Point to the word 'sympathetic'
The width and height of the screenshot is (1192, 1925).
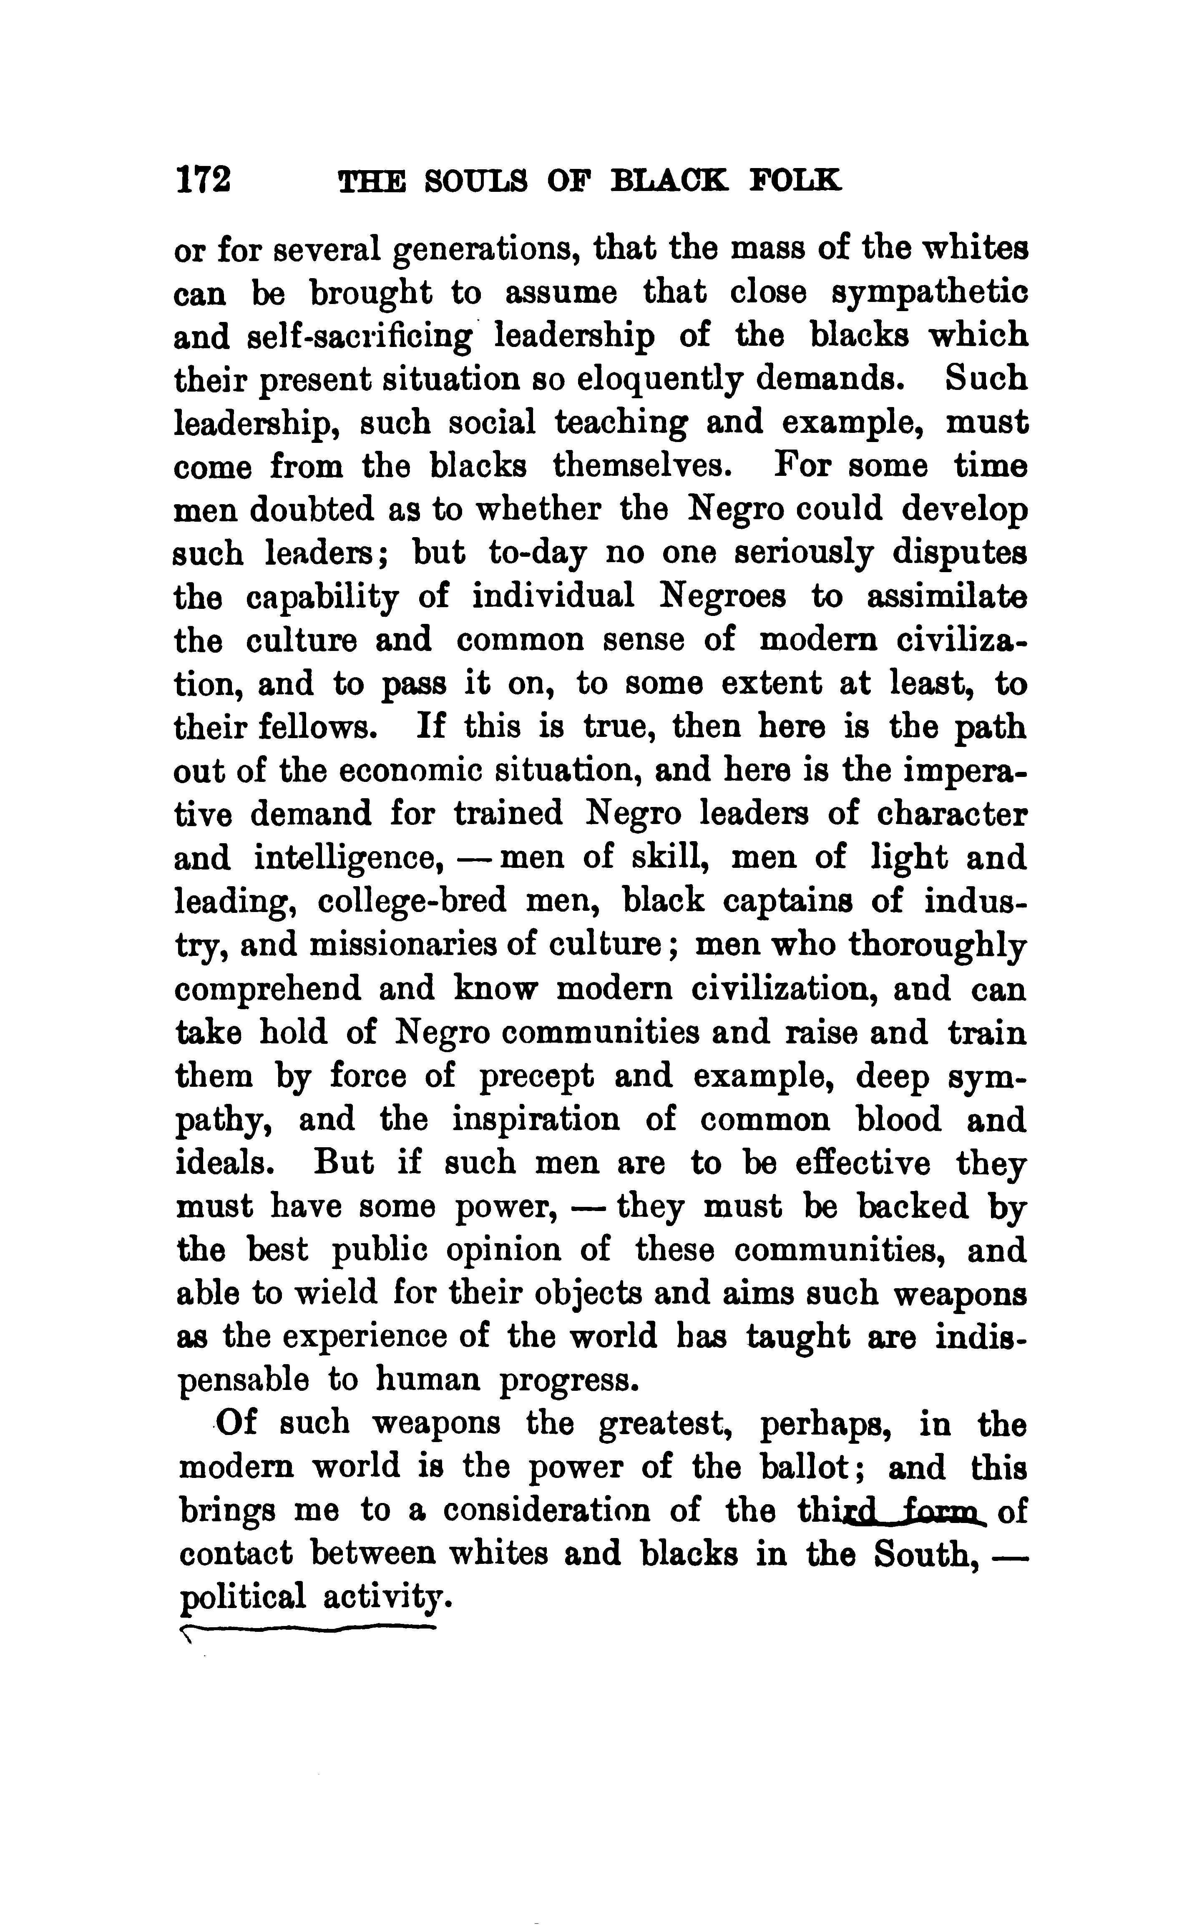[930, 294]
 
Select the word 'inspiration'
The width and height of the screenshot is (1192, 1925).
[536, 1119]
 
